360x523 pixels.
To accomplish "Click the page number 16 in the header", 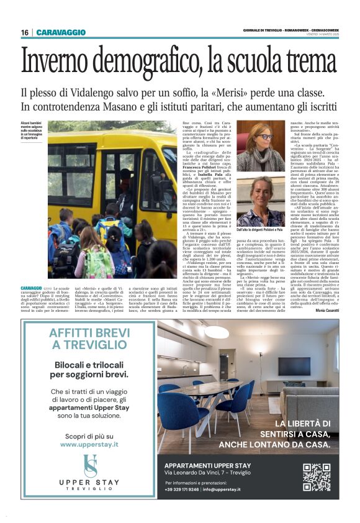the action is (25, 32).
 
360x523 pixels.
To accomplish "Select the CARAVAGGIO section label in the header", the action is (61, 32).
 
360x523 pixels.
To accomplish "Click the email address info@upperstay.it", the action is (231, 489).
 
